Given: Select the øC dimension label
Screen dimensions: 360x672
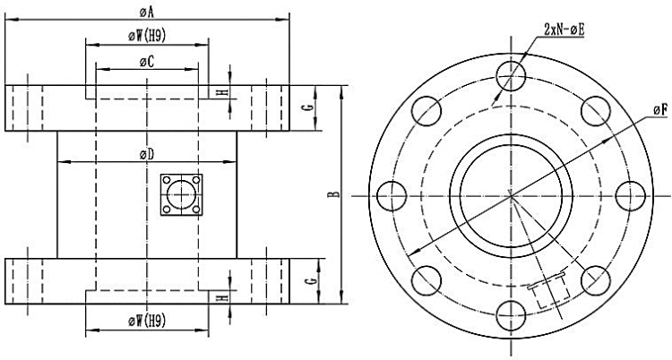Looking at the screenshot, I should pos(147,60).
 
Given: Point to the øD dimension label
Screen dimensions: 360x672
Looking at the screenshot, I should pos(147,154).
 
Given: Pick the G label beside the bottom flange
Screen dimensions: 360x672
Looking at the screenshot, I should pos(307,280).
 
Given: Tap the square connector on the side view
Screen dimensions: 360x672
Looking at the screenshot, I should pos(181,194).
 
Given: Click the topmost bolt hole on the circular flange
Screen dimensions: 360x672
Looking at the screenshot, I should pos(510,73).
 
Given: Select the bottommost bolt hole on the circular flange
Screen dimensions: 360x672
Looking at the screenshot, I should pos(510,315).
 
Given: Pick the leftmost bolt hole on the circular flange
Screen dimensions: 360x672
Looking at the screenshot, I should pos(388,194).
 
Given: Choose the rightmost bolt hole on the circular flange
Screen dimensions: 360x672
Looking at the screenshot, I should pos(631,194).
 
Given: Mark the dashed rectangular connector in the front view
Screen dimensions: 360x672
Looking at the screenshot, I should pos(548,292).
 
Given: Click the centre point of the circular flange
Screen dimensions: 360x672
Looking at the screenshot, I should pos(510,194).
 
